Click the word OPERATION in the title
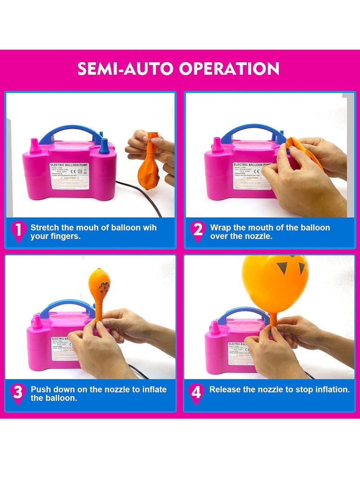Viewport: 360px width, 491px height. (229, 68)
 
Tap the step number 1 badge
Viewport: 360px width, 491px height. (18, 230)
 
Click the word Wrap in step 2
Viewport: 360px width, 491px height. (220, 227)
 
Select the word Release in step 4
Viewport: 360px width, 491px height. (225, 389)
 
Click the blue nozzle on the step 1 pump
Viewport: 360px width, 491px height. (104, 146)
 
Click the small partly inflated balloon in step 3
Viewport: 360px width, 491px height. (99, 288)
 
